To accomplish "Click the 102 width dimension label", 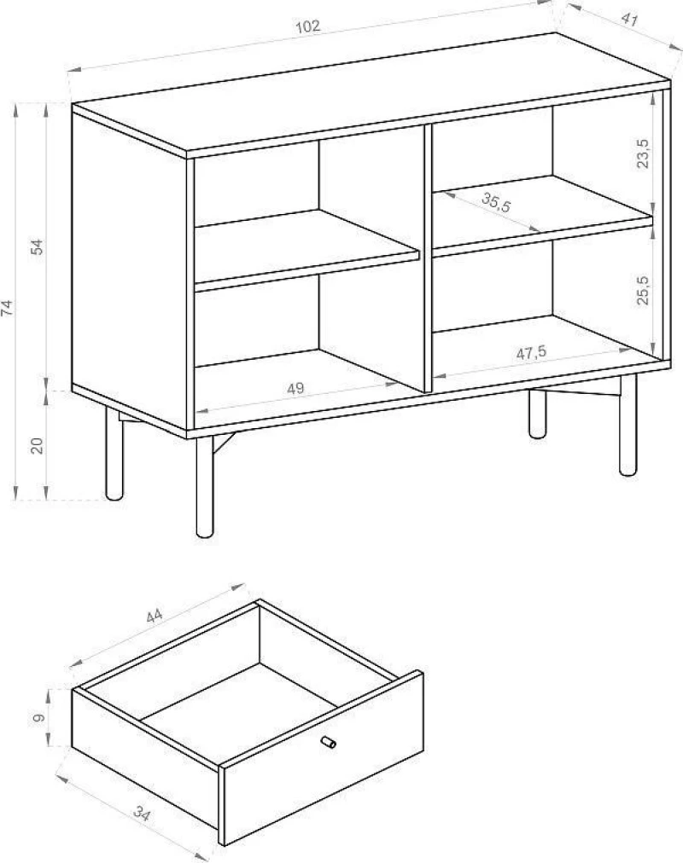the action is tap(308, 26).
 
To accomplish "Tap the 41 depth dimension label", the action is tap(629, 20).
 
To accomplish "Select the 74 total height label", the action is tap(8, 308).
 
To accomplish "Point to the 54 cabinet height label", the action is tap(37, 247).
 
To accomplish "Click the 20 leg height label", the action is tap(37, 444).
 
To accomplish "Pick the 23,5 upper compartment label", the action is tap(642, 153).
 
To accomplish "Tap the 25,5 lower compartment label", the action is tap(642, 290).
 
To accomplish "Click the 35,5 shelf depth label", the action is tap(496, 202).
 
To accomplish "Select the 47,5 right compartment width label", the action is tap(531, 353).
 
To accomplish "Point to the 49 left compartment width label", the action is tap(295, 389).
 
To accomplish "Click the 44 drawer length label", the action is tap(155, 617).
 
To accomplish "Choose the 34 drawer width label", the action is tap(141, 814).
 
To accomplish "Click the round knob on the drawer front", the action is tap(329, 743).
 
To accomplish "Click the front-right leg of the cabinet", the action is tap(628, 425).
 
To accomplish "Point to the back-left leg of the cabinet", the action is tap(114, 454).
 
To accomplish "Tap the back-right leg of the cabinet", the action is tap(538, 414).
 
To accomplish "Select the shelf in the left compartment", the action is tap(306, 249).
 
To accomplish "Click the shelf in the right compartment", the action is tap(542, 216).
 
